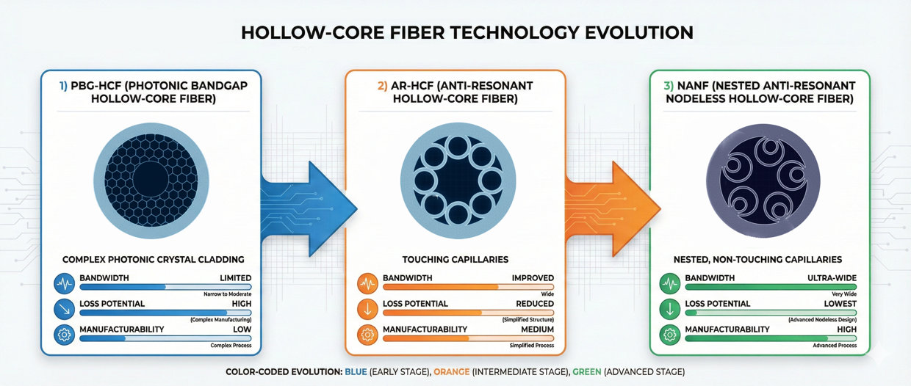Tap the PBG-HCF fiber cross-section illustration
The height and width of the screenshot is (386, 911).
click(151, 181)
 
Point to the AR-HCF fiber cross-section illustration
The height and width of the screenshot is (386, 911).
click(456, 181)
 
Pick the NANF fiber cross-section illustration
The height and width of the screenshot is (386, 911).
click(758, 181)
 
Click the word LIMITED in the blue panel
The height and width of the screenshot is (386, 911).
click(235, 279)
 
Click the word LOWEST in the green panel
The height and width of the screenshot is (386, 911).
click(840, 304)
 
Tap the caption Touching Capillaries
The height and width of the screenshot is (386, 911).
click(455, 260)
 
